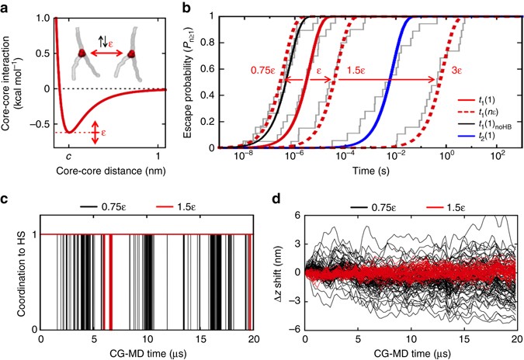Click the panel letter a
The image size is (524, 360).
[x=6, y=6]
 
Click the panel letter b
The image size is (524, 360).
[x=186, y=6]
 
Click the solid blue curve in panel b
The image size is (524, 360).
[x=388, y=78]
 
